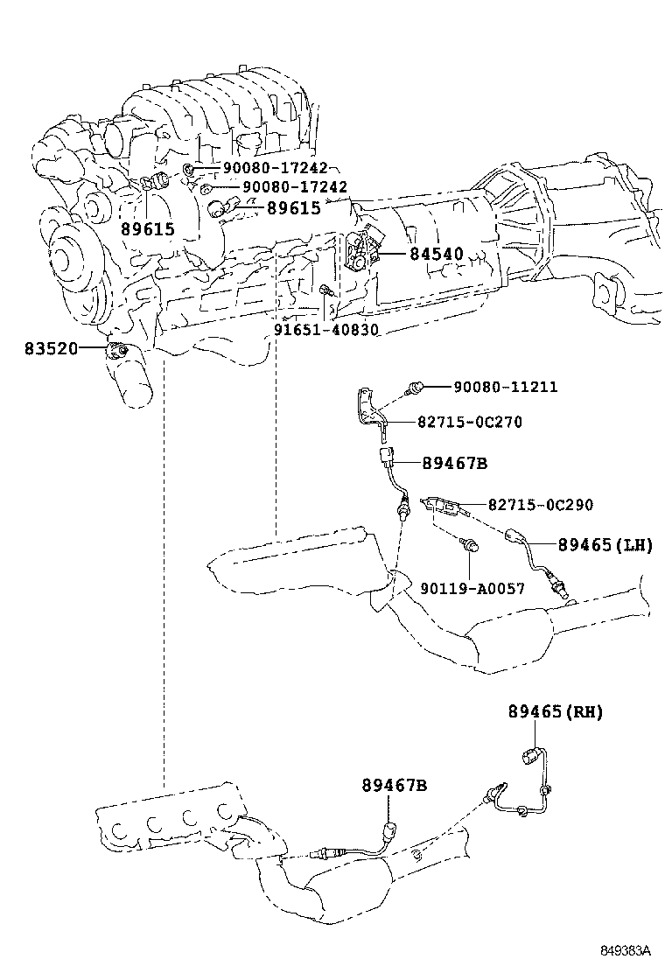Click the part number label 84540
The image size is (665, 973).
pyautogui.click(x=437, y=255)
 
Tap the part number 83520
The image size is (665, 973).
pyautogui.click(x=51, y=348)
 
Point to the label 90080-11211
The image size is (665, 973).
pyautogui.click(x=505, y=387)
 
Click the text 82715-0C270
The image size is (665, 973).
pyautogui.click(x=469, y=422)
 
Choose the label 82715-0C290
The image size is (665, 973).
pyautogui.click(x=540, y=504)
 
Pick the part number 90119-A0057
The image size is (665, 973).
pyautogui.click(x=472, y=589)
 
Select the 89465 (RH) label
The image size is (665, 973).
pyautogui.click(x=555, y=711)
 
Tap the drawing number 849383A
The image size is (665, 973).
pyautogui.click(x=626, y=949)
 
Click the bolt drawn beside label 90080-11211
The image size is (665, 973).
pyautogui.click(x=417, y=386)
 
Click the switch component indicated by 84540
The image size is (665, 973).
pyautogui.click(x=361, y=253)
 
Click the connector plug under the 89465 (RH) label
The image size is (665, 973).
pyautogui.click(x=530, y=755)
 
